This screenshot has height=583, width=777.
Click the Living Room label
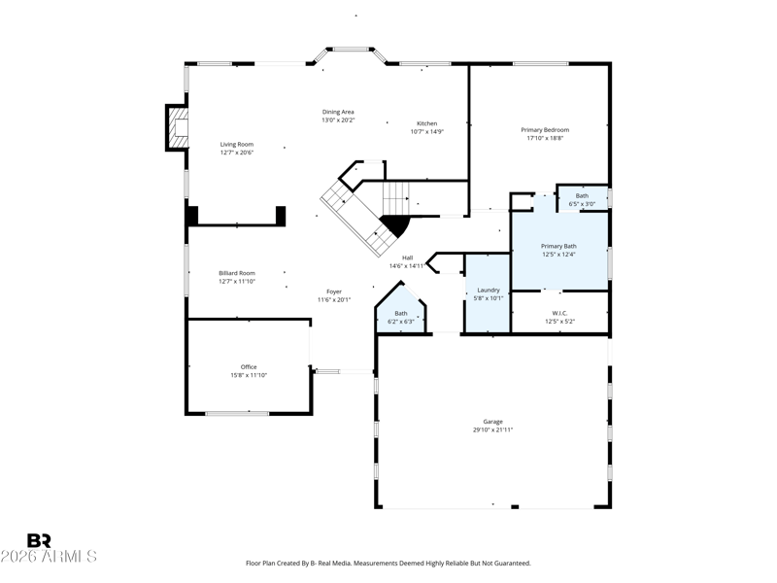(237, 144)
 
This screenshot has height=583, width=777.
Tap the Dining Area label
(338, 112)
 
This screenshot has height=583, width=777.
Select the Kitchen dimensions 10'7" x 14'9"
(426, 132)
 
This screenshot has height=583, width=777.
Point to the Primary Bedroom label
(545, 130)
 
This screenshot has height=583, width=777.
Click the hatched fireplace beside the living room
(178, 127)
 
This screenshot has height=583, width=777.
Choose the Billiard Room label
(237, 273)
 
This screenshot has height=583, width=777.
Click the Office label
(249, 367)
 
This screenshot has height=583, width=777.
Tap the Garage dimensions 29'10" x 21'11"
(492, 429)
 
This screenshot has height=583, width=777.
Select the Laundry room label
(489, 290)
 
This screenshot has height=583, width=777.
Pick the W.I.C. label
(559, 313)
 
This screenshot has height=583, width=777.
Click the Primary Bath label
(558, 247)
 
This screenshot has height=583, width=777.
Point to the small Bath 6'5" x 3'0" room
(582, 199)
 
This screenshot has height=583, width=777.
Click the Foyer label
(334, 292)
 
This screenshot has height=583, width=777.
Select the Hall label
(407, 257)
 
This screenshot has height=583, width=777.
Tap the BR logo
(39, 540)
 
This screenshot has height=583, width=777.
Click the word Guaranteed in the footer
(515, 564)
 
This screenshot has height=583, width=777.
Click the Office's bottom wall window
(237, 413)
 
